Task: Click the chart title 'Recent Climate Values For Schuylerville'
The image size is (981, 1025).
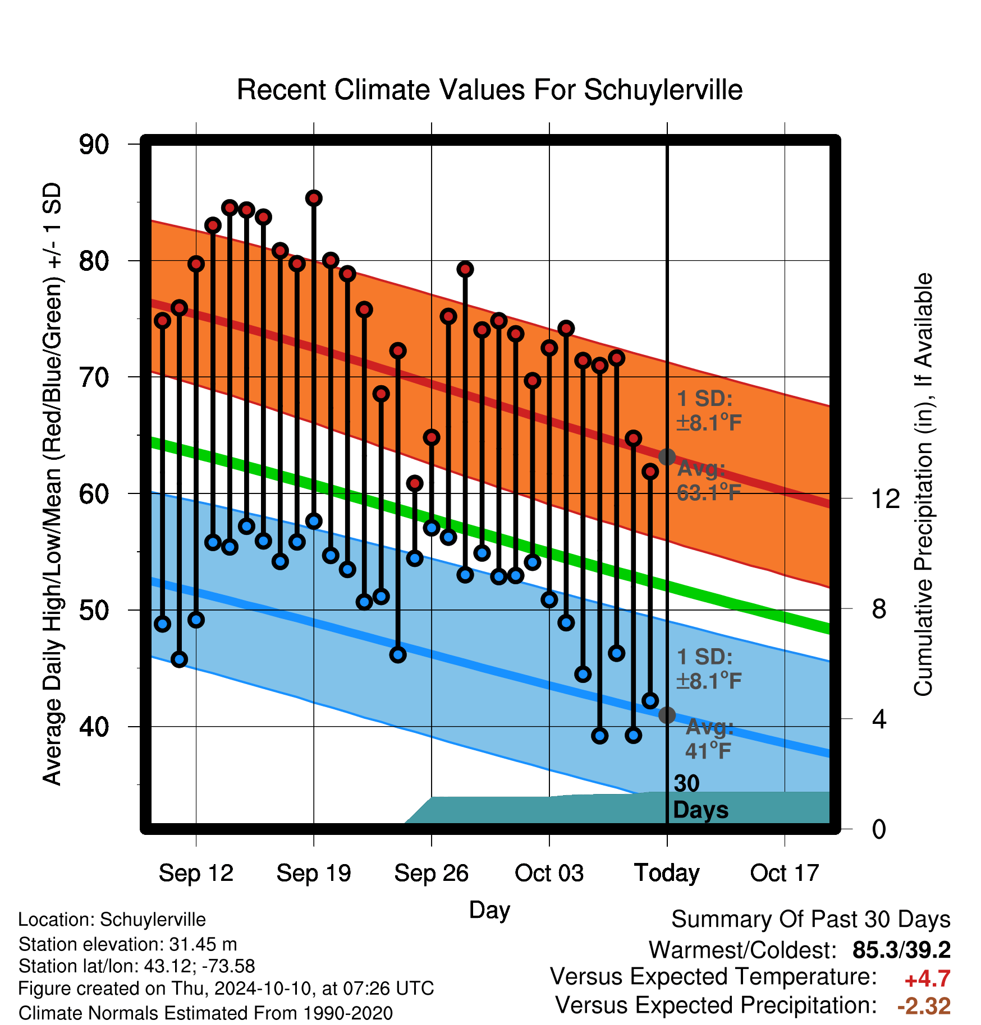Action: (x=489, y=90)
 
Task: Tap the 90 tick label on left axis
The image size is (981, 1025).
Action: (x=94, y=145)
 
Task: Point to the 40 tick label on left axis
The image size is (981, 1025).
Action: (x=94, y=727)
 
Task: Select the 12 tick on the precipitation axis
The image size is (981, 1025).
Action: (x=885, y=498)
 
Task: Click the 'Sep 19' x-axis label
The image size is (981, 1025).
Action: (x=314, y=873)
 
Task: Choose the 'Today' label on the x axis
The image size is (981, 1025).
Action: (x=667, y=873)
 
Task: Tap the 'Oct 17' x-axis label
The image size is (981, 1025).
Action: (x=785, y=873)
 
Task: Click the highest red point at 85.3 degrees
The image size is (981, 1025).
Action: (x=314, y=198)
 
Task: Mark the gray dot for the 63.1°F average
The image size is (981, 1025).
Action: (x=667, y=457)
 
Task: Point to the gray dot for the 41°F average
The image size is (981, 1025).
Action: (x=667, y=715)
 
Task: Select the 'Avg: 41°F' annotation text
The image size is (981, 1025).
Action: (x=709, y=738)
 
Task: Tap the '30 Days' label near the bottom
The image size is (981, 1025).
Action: (x=700, y=797)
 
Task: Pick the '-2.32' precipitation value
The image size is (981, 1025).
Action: (x=924, y=1006)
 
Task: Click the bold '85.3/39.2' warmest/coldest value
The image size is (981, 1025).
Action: (x=901, y=950)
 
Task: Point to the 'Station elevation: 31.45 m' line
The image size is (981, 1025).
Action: (x=127, y=944)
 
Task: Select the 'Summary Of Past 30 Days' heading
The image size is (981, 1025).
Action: (x=811, y=920)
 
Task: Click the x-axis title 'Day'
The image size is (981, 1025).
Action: (x=489, y=911)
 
